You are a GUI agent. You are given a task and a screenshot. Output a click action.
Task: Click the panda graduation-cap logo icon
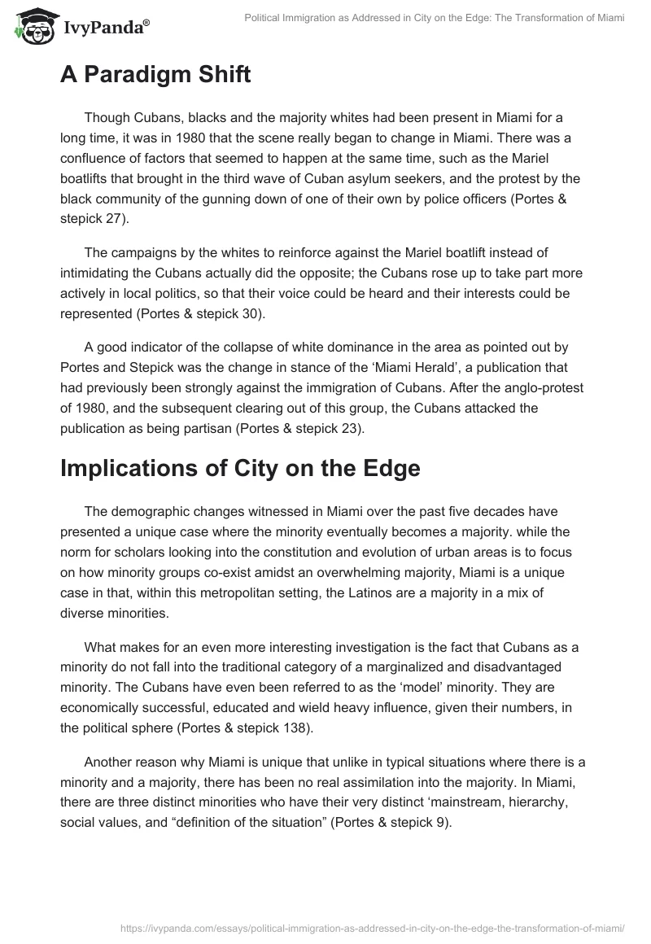click(32, 26)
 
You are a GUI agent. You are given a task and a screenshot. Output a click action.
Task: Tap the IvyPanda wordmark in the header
click(105, 28)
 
